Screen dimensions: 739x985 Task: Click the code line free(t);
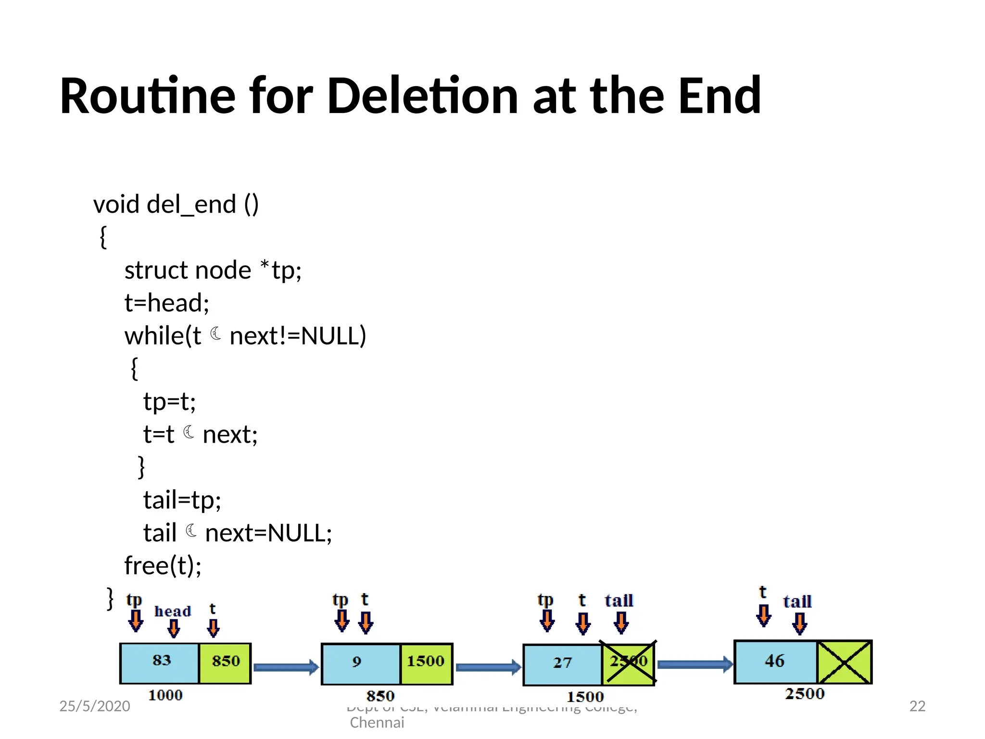click(x=163, y=565)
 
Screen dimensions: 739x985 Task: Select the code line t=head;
click(x=166, y=303)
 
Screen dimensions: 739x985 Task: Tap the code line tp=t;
click(x=169, y=401)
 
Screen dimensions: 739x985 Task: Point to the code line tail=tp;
click(x=182, y=500)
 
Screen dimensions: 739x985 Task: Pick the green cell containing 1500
click(x=426, y=662)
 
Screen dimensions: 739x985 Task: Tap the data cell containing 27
click(x=563, y=663)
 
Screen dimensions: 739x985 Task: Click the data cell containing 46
click(x=775, y=662)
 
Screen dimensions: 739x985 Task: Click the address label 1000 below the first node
click(x=165, y=696)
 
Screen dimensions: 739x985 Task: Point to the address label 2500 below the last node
click(x=805, y=694)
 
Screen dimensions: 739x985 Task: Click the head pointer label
click(x=173, y=612)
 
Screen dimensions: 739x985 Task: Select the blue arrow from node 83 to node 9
click(x=286, y=667)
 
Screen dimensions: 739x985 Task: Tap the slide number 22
click(x=917, y=706)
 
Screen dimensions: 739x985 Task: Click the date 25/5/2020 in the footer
click(x=95, y=706)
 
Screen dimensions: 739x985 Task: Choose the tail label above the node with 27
click(x=619, y=601)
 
